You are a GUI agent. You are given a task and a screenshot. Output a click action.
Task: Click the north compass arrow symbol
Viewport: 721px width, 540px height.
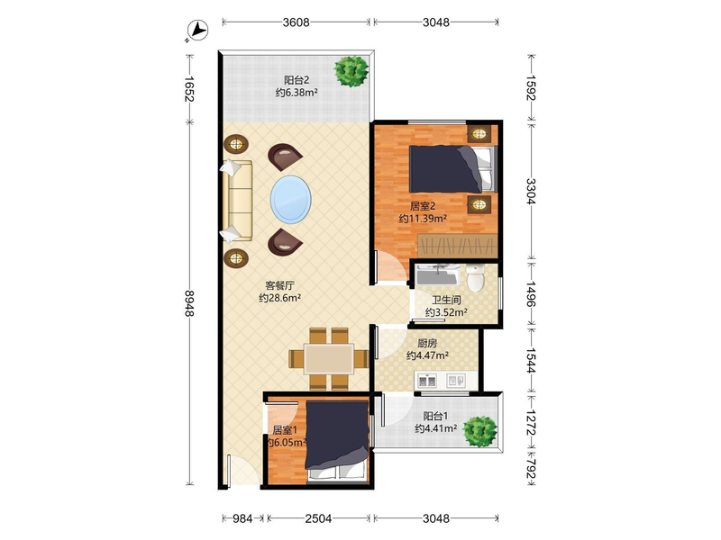click(x=198, y=31)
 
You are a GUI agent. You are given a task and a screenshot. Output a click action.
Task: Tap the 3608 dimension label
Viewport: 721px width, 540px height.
click(x=297, y=22)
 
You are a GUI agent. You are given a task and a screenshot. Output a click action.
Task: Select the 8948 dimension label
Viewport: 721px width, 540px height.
click(x=189, y=303)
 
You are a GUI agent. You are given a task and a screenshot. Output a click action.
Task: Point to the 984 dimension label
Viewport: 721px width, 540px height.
click(x=242, y=519)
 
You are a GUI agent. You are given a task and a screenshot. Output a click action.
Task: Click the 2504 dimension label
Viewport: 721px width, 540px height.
click(x=318, y=519)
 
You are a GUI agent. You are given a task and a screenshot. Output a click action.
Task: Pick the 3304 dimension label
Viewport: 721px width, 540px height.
click(x=531, y=191)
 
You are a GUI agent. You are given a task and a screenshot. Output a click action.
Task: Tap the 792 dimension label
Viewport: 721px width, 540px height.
click(x=531, y=468)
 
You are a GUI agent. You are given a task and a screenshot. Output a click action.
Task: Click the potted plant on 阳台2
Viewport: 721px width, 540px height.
click(x=351, y=71)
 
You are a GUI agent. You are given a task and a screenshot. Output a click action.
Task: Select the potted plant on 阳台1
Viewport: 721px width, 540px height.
click(x=480, y=431)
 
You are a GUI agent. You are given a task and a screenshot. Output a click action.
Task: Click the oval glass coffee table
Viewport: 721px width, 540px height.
click(x=290, y=199)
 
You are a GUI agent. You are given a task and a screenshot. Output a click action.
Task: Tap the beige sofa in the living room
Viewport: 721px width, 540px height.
click(x=237, y=201)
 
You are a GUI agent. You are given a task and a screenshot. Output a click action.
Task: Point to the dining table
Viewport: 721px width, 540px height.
click(x=329, y=358)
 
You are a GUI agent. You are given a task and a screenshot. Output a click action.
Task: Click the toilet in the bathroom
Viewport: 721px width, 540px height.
click(x=476, y=277)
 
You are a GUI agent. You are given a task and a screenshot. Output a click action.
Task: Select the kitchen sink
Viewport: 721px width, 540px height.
click(x=427, y=381)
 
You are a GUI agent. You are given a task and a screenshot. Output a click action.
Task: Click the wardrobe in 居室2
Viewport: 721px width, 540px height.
click(x=458, y=246)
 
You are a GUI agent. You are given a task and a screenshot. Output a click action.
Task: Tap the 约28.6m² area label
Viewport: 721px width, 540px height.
click(x=279, y=298)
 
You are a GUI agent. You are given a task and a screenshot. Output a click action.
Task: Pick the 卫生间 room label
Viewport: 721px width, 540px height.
click(x=446, y=301)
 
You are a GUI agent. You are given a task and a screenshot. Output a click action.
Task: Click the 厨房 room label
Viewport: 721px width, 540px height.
click(x=427, y=343)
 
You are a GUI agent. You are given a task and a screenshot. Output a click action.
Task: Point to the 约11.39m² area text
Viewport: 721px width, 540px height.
click(x=423, y=219)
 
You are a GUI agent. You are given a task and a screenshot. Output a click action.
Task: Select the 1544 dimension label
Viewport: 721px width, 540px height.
click(x=531, y=361)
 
